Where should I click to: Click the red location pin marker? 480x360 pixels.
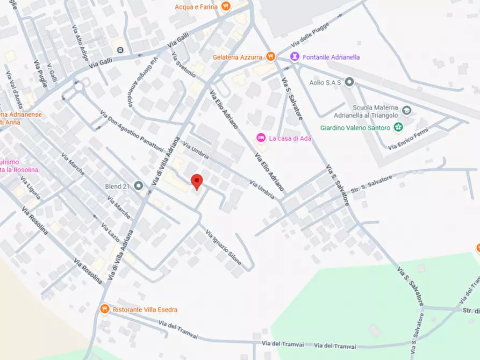click(x=197, y=182)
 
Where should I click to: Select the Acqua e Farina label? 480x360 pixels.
click(x=196, y=6)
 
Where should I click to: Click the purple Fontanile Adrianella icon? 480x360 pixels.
click(x=295, y=56)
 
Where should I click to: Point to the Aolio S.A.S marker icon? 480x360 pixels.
click(x=349, y=82)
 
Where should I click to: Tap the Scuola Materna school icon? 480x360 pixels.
click(x=407, y=111)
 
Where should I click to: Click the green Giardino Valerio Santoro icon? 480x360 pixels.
click(x=398, y=127)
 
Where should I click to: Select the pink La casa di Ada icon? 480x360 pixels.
click(x=261, y=138)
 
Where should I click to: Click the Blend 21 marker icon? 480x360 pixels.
click(x=139, y=186)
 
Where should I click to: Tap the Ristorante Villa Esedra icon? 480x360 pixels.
click(x=105, y=309)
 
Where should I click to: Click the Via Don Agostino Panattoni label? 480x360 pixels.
click(x=132, y=131)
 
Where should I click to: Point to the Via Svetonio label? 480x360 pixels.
click(x=184, y=66)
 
